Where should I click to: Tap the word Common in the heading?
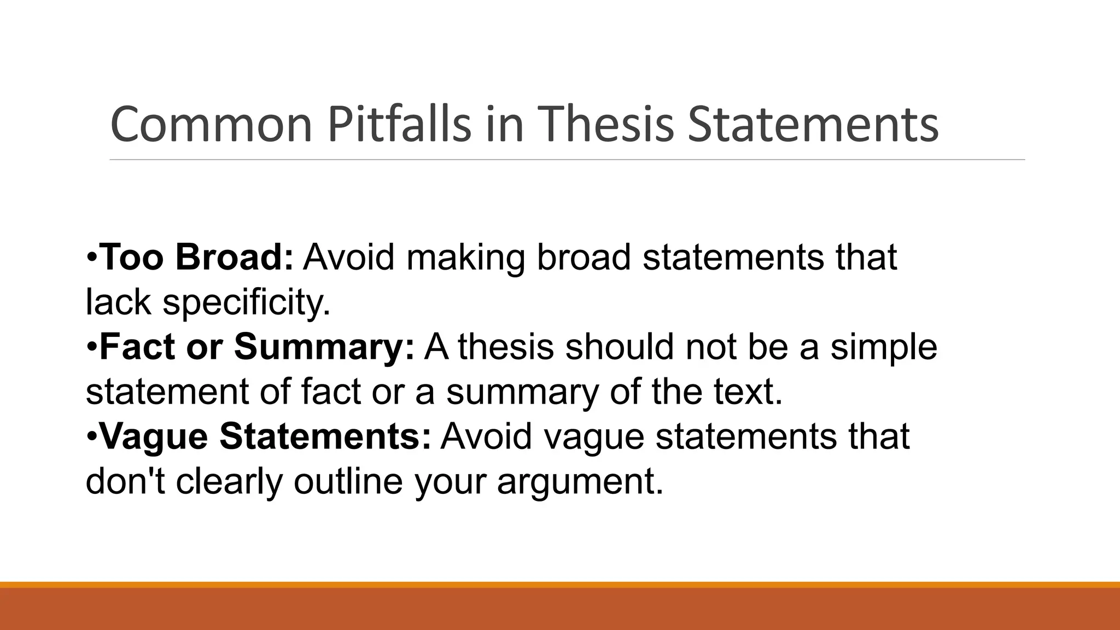coord(211,125)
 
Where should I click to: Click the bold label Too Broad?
coord(197,257)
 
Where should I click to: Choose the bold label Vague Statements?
coord(266,436)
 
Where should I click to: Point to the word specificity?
coord(247,302)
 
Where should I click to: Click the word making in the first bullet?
coord(465,257)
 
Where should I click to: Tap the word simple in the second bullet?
coord(884,347)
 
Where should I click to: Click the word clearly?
coord(229,482)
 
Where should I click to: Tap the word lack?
coord(118,302)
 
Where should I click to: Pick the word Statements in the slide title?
coord(813,125)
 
